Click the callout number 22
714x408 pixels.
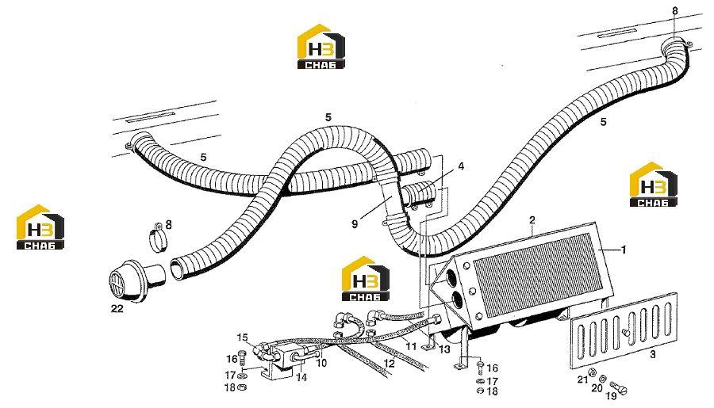coord(117,309)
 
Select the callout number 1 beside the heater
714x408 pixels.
coord(624,250)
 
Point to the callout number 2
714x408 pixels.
coord(532,220)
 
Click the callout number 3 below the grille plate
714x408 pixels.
coord(653,354)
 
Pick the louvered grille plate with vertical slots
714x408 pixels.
coord(624,330)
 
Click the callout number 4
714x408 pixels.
coord(461,167)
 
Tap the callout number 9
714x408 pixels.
coord(355,223)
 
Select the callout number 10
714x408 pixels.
coord(321,363)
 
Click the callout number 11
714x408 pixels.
coord(411,346)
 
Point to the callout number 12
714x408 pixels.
coord(390,364)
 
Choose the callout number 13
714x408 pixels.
coord(444,349)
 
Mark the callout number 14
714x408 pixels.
coord(301,377)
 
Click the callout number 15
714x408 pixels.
coord(242,337)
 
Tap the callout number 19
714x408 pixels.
coord(611,396)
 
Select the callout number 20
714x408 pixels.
coord(597,388)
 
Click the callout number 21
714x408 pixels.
coord(582,379)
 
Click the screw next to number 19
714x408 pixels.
coord(618,387)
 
